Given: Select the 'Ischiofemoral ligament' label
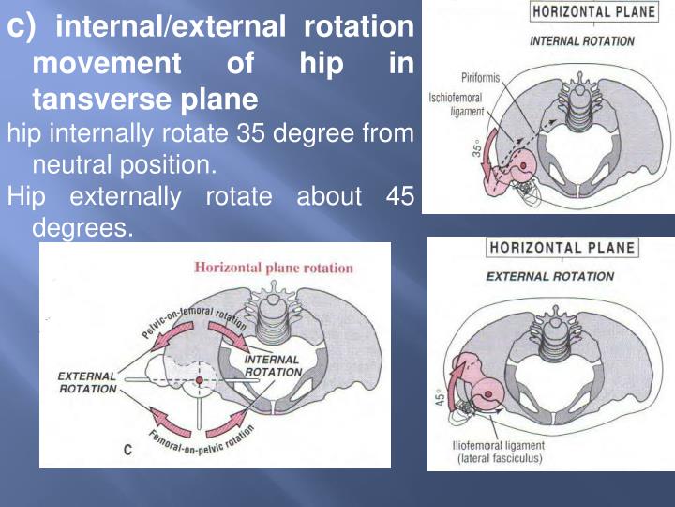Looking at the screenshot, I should [456, 102].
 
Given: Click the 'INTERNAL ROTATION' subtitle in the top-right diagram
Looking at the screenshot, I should [581, 41].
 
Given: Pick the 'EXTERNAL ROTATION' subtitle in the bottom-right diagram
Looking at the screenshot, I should [550, 277].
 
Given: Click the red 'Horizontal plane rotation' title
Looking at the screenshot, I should [274, 268].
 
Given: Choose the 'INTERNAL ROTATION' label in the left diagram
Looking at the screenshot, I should [273, 365].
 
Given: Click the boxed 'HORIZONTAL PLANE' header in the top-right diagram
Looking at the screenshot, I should [581, 13].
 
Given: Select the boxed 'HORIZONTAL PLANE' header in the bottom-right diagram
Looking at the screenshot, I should [562, 250].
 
